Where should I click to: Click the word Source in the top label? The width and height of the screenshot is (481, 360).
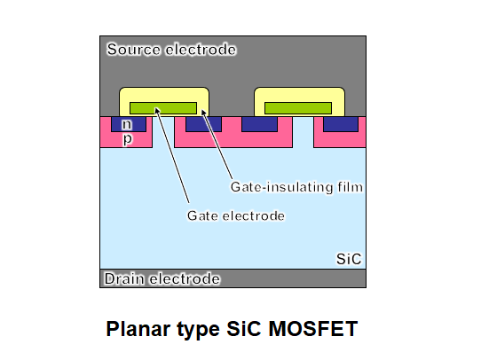tap(133, 50)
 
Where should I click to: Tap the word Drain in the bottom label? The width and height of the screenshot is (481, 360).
tap(124, 278)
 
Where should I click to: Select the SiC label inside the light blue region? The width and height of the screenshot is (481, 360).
tap(349, 259)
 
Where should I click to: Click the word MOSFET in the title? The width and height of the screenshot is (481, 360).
tap(313, 329)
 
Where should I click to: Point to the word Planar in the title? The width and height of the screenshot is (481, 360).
tap(139, 329)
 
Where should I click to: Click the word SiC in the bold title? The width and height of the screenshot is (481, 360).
tap(244, 329)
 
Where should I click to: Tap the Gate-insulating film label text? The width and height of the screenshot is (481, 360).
tap(296, 187)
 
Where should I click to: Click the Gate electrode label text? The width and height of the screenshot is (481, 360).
tap(236, 215)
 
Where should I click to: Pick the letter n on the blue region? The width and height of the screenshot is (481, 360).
tap(127, 124)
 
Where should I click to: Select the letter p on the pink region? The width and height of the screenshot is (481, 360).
tap(127, 139)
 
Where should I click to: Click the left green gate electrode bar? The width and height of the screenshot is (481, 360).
tap(163, 108)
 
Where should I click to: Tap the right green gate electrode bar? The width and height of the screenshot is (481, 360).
tap(298, 108)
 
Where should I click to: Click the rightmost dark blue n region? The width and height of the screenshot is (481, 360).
tap(341, 124)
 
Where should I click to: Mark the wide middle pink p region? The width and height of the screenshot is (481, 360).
tap(233, 139)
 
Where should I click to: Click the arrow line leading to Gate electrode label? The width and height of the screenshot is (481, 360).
tap(172, 155)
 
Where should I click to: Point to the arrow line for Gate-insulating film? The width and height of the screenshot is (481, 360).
tap(217, 144)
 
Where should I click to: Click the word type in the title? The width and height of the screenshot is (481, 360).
tap(198, 330)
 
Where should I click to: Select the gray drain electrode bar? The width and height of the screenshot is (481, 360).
tap(233, 278)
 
